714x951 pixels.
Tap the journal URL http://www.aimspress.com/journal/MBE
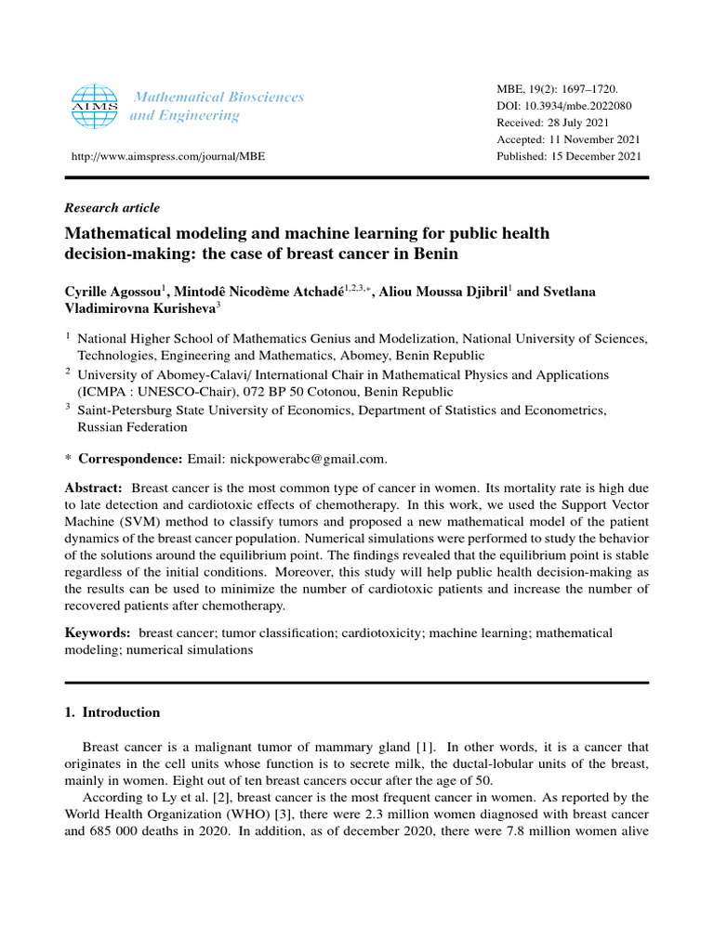point(163,156)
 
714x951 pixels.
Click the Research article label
point(112,208)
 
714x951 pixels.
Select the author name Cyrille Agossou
point(112,293)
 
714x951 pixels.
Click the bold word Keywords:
point(97,633)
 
